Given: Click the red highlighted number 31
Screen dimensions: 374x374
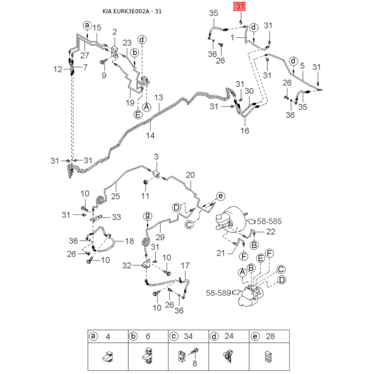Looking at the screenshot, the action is click(x=239, y=6).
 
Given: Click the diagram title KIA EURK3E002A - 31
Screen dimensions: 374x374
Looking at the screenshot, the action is click(x=132, y=11).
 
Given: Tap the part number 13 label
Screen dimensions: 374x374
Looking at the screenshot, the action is click(x=158, y=97).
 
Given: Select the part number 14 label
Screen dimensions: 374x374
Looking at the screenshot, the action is click(x=150, y=136).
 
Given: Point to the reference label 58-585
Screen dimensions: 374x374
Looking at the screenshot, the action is click(x=269, y=221).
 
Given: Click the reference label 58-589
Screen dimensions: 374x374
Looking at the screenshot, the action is click(x=218, y=293).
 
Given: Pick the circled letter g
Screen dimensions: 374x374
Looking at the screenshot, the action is click(x=148, y=216).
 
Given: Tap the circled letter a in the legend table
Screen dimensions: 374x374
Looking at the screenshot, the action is click(x=93, y=336).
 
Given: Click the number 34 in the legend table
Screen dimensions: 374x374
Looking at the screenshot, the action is click(x=188, y=336).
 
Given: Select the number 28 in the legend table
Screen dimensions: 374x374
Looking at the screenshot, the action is click(x=270, y=336).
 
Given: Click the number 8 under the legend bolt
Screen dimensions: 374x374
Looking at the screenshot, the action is click(x=194, y=363).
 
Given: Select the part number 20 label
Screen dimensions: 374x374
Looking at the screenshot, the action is click(x=190, y=175).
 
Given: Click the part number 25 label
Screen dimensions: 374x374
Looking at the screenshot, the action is click(x=115, y=196).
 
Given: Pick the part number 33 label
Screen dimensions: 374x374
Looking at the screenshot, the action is click(x=116, y=217).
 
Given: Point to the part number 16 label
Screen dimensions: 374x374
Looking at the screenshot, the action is click(x=245, y=130).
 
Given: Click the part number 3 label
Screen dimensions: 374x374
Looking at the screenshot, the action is click(x=156, y=157).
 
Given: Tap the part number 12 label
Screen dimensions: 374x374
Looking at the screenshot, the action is click(x=58, y=69).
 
